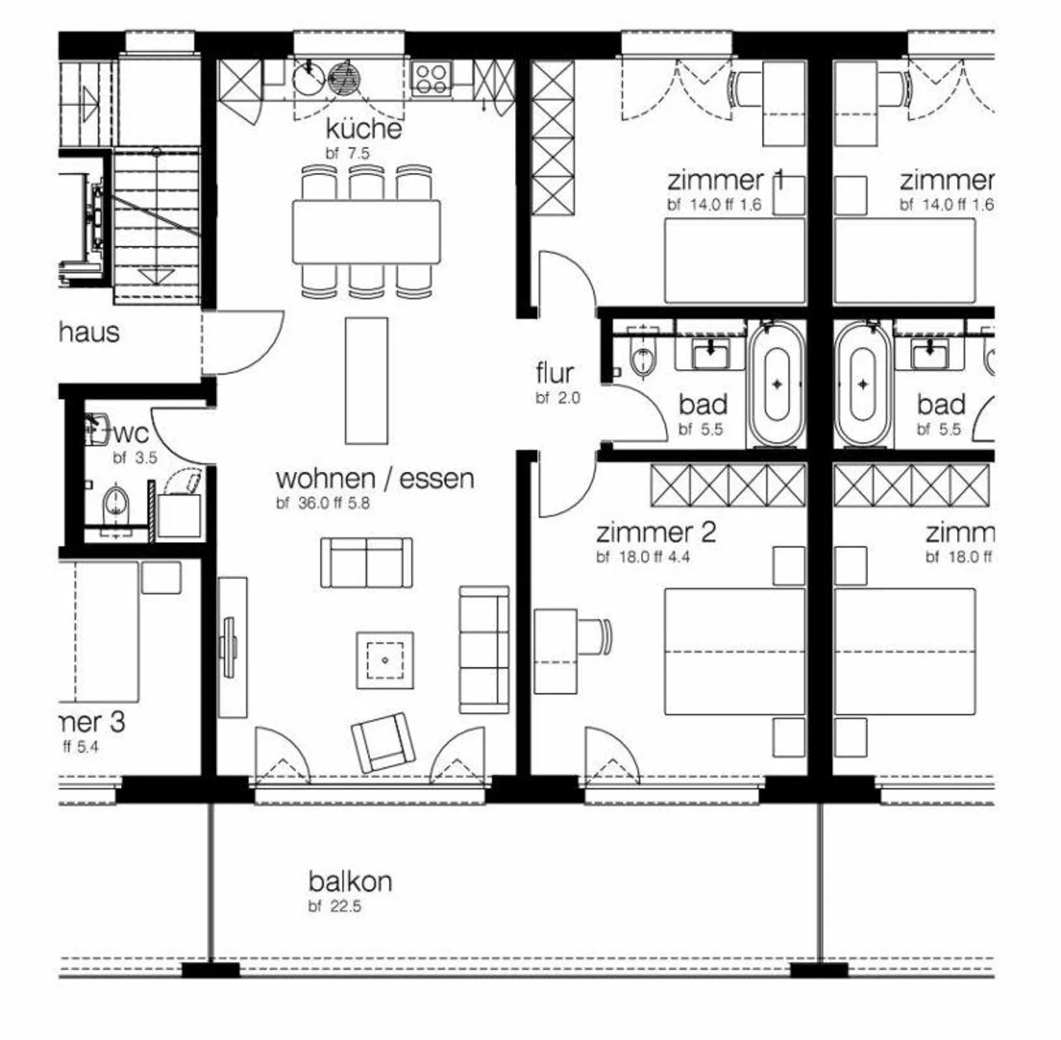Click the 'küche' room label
(364, 129)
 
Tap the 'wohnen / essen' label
(374, 479)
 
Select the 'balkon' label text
(350, 881)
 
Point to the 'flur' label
(555, 373)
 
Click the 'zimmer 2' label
(656, 533)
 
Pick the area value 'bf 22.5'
(335, 906)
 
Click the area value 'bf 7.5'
(348, 154)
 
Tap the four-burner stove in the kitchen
(431, 79)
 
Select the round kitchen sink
(307, 77)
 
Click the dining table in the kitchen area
(366, 231)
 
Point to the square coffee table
(385, 660)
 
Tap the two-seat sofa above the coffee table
(366, 563)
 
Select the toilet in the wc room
(116, 505)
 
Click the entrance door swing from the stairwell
(243, 342)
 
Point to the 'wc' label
(131, 434)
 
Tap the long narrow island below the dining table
(366, 380)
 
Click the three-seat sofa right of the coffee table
(484, 649)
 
